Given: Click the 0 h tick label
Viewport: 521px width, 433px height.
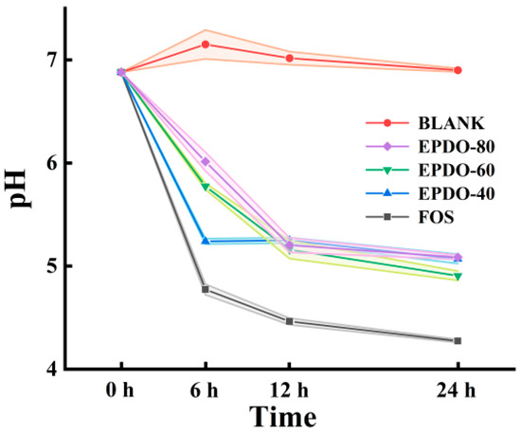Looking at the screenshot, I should pyautogui.click(x=122, y=390).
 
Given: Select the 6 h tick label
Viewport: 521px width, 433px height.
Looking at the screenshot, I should pyautogui.click(x=206, y=390).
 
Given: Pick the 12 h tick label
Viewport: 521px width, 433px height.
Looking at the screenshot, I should pyautogui.click(x=290, y=390).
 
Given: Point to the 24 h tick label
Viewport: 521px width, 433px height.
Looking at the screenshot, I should pyautogui.click(x=458, y=390).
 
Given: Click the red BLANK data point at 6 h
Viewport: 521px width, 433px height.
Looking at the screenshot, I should pyautogui.click(x=206, y=45).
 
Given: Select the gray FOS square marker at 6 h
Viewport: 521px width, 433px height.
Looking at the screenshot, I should pyautogui.click(x=206, y=289).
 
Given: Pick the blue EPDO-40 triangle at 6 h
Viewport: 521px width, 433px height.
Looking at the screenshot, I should pyautogui.click(x=206, y=241).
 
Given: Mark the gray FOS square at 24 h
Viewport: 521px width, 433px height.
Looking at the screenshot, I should pyautogui.click(x=458, y=340).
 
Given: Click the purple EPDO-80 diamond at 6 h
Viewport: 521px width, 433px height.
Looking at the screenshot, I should pyautogui.click(x=206, y=161).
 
